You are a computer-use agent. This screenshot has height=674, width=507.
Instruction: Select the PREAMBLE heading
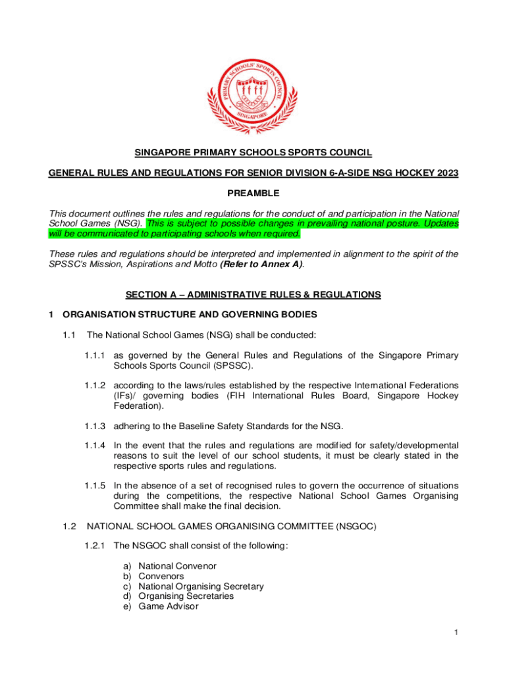point(254,193)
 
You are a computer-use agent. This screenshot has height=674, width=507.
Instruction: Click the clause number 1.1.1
point(95,355)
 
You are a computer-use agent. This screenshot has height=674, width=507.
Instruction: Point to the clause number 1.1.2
point(95,385)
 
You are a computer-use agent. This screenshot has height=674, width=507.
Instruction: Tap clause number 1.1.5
point(95,486)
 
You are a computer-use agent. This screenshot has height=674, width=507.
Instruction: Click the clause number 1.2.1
point(95,546)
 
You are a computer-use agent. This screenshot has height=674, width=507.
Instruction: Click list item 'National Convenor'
point(177,566)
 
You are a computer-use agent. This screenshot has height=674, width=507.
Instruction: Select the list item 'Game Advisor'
point(168,606)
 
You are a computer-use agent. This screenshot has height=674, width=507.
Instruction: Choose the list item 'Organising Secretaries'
point(186,596)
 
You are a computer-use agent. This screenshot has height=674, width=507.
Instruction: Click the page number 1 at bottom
point(455,633)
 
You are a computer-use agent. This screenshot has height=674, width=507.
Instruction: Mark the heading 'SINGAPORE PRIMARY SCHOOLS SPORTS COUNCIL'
point(254,153)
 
